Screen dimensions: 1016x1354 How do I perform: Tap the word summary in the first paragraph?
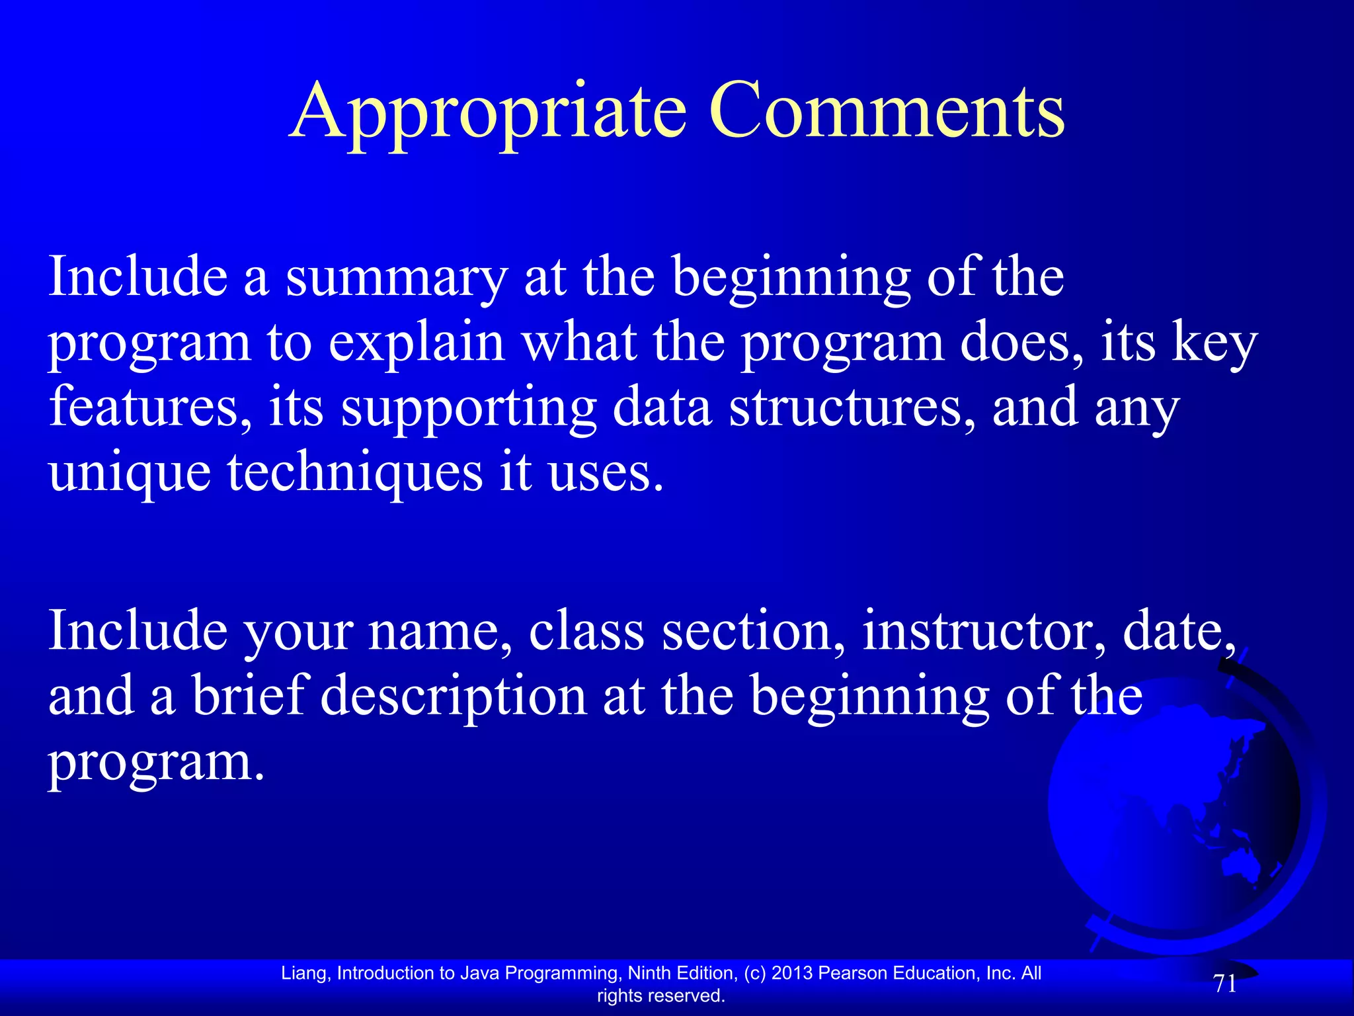tap(396, 278)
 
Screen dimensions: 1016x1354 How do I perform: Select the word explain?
tap(417, 344)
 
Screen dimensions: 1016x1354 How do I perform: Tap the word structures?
tap(852, 407)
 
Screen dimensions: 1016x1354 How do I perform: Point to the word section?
tap(753, 631)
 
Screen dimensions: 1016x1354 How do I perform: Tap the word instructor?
tap(984, 631)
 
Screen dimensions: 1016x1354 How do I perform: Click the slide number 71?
tap(1225, 984)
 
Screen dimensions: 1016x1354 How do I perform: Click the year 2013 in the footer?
tap(792, 973)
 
